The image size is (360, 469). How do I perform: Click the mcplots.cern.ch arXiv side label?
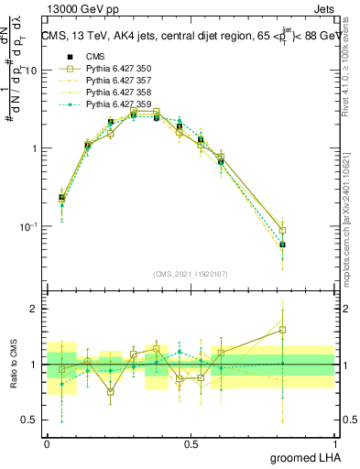pos(352,220)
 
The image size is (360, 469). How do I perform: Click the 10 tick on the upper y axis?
pos(31,71)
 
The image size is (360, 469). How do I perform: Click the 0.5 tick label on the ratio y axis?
pos(28,421)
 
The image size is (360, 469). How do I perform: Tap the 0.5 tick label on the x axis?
pos(191,443)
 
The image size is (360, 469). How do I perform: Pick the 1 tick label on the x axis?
pos(335,443)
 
